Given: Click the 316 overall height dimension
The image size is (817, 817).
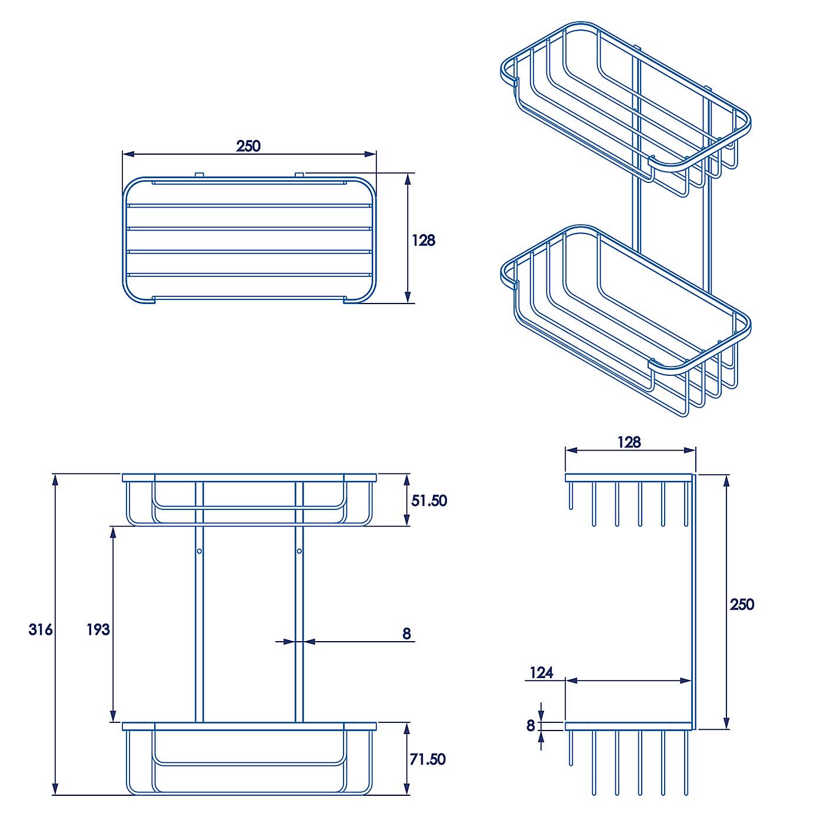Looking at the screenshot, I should [41, 630].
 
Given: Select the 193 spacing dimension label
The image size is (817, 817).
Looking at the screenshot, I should [98, 630].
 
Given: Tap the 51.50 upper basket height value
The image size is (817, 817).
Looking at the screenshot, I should [429, 501].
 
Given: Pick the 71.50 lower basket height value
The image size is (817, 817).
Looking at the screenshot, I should [428, 759].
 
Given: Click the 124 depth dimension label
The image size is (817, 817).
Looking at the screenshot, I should [541, 672].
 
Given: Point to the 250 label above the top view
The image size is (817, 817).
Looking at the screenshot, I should [248, 146].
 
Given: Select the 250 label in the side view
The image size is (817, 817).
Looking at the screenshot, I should [742, 605].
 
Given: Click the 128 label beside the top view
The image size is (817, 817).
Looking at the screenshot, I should [423, 240].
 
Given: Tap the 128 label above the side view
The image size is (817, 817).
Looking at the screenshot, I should [629, 442].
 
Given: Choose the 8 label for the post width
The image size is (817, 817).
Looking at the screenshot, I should [406, 633].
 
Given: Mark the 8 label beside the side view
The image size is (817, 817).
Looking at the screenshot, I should [531, 726].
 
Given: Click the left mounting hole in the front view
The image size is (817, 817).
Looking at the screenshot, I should [199, 551].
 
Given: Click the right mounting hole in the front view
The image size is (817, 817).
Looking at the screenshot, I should [299, 551].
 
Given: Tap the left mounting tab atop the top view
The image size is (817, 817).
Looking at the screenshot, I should [199, 174].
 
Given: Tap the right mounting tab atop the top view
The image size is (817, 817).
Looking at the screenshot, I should [299, 174].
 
